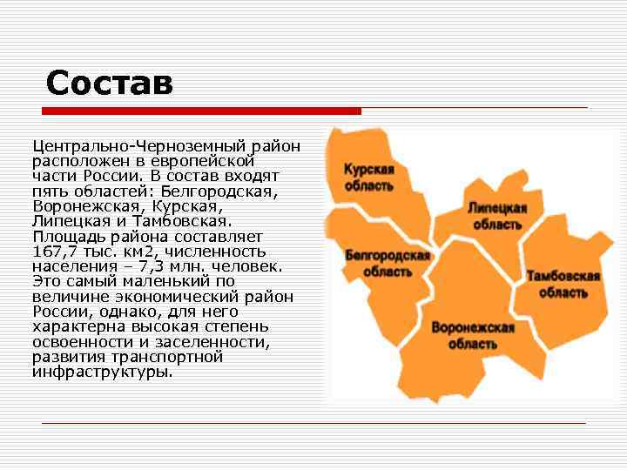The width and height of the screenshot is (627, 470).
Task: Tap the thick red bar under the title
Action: click(201, 111)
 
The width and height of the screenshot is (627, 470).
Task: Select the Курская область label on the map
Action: click(368, 177)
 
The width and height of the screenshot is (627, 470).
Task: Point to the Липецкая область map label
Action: click(497, 216)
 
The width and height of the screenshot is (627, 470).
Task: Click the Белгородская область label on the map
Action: click(388, 263)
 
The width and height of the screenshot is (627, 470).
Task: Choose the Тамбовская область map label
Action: click(563, 285)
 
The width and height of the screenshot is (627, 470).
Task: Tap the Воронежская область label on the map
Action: click(473, 335)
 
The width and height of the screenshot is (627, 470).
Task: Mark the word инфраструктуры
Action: click(102, 372)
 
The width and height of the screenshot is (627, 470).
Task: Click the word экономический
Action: click(167, 297)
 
